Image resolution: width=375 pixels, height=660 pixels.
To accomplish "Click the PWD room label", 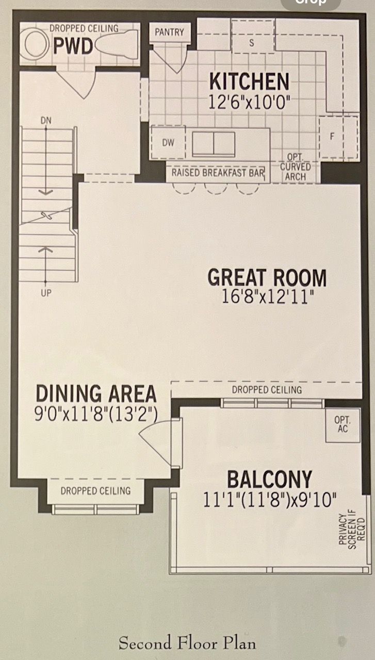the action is click(x=73, y=46).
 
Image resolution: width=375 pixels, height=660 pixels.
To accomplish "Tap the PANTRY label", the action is click(x=169, y=32).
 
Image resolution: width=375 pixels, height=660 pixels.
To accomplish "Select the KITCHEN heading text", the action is click(x=249, y=81).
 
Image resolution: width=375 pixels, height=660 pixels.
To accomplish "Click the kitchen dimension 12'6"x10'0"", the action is click(x=250, y=102).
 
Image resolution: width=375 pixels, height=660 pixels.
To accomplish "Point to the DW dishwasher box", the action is click(x=168, y=143).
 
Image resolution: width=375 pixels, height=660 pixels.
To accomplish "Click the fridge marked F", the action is click(x=338, y=137).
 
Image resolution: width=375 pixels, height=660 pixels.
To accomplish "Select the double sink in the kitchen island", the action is click(x=214, y=144).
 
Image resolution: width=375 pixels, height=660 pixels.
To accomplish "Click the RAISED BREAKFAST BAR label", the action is click(x=218, y=173).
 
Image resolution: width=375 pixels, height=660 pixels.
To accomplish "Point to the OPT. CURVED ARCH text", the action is click(x=295, y=167).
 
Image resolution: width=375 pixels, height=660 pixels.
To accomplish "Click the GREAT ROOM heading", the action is click(x=267, y=277).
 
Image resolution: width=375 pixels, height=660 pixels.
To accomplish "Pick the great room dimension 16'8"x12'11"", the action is click(x=267, y=296).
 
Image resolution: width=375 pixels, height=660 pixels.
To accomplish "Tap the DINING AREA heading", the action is click(x=96, y=393).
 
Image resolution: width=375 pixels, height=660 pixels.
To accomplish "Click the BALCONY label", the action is click(x=269, y=480).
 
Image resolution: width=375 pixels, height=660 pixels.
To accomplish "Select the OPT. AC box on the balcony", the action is click(x=343, y=425).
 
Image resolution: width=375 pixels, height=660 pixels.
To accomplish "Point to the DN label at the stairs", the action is click(x=46, y=121).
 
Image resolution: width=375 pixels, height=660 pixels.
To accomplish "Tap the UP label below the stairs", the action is click(x=46, y=293).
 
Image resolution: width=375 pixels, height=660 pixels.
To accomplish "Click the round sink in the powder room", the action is click(x=37, y=43).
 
